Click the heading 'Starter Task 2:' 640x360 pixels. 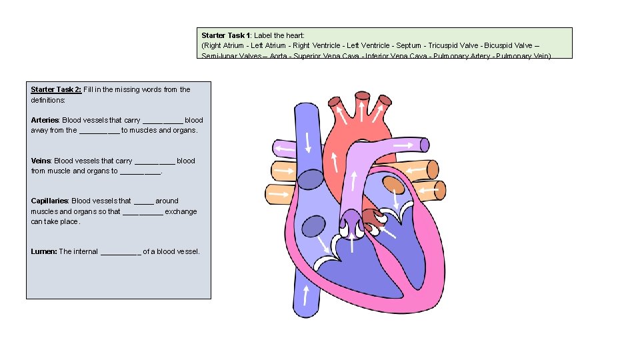pyautogui.click(x=56, y=89)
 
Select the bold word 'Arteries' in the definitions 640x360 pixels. pyautogui.click(x=45, y=120)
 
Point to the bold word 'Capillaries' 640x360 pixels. pyautogui.click(x=49, y=201)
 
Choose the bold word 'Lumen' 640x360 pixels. pyautogui.click(x=43, y=251)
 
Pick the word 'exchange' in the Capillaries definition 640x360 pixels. pyautogui.click(x=181, y=211)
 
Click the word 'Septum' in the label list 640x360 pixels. pyautogui.click(x=407, y=45)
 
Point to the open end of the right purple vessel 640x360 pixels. pyautogui.click(x=424, y=144)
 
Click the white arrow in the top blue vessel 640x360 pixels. pyautogui.click(x=308, y=141)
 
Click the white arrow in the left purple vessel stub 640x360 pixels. pyautogui.click(x=285, y=147)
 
